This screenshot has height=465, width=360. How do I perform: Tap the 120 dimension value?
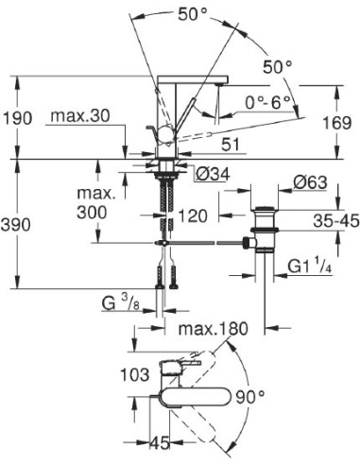pyautogui.click(x=194, y=216)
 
